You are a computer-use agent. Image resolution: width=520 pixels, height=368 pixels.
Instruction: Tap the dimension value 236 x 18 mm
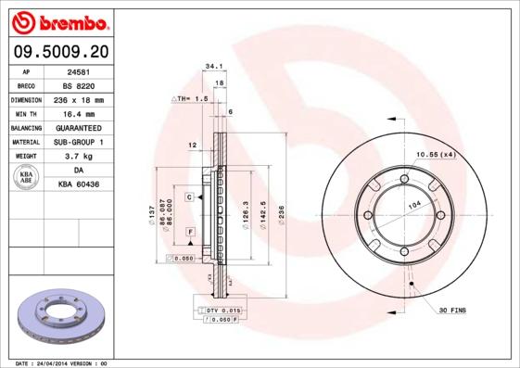[x=77, y=99]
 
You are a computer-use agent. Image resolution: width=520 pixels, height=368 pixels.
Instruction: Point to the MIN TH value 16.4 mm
[x=77, y=113]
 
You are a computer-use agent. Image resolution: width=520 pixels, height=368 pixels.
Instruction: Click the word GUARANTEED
[x=77, y=127]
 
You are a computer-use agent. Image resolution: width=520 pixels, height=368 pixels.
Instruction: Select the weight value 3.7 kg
[x=77, y=156]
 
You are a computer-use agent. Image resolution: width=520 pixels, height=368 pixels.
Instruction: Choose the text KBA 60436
[x=79, y=184]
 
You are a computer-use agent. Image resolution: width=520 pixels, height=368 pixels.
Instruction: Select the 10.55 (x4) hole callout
[x=434, y=154]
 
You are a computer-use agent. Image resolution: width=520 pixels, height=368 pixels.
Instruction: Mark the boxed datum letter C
[x=188, y=197]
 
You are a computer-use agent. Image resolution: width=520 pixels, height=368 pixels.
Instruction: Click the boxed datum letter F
[x=190, y=230]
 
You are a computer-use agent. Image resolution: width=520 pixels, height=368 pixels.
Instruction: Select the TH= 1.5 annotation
[x=190, y=97]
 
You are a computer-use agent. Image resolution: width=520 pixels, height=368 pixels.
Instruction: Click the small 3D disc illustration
[x=57, y=319]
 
